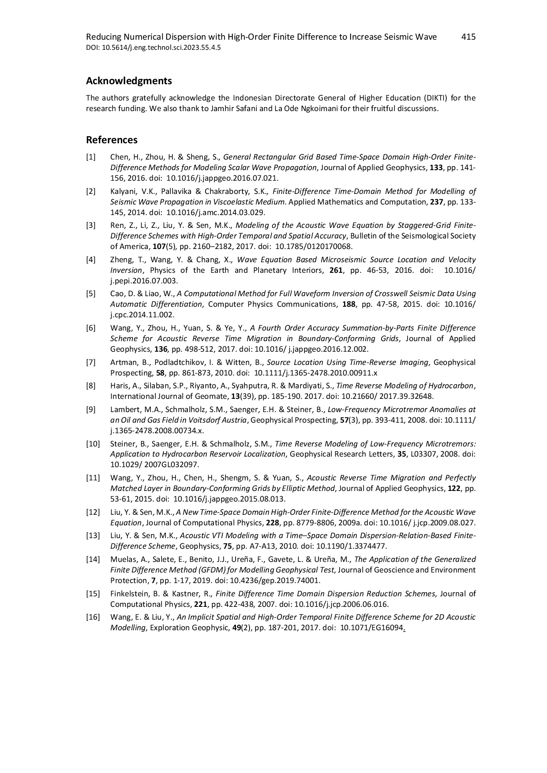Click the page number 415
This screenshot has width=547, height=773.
click(468, 37)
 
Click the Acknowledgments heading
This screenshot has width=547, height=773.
click(129, 81)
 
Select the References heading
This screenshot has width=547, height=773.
click(112, 140)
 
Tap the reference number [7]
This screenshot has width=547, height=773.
click(90, 362)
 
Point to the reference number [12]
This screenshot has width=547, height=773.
click(93, 512)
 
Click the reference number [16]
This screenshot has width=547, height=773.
click(93, 617)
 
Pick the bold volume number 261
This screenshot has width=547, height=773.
click(336, 270)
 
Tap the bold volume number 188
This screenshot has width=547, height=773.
click(349, 304)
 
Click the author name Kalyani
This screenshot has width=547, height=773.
click(123, 191)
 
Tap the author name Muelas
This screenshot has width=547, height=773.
click(122, 559)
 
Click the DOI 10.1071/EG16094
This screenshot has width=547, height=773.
click(371, 628)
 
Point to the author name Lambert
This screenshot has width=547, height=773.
click(125, 409)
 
